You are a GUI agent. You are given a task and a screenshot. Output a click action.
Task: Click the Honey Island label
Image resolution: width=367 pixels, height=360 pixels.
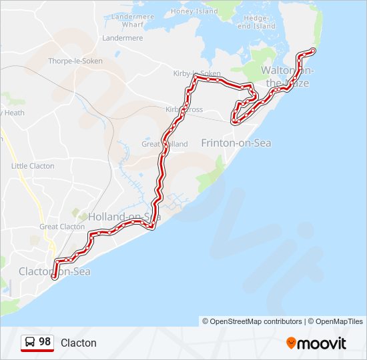click(x=194, y=11)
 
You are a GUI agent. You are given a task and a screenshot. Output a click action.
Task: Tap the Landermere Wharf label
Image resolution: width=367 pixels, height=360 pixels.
click(x=132, y=21)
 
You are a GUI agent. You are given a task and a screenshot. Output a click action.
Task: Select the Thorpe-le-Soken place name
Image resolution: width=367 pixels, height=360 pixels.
click(x=74, y=61)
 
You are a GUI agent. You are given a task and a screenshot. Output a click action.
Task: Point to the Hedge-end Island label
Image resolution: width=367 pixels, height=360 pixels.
click(x=256, y=22)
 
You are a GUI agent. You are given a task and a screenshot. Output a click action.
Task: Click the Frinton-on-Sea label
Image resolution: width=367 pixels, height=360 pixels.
click(x=236, y=143)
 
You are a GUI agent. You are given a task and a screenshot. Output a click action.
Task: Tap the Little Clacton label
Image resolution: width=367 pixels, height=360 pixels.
click(x=33, y=166)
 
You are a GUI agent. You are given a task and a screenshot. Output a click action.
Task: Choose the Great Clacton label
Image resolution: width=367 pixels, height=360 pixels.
click(x=62, y=227)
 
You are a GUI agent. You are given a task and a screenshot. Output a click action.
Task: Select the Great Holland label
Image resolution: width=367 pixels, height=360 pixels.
click(x=164, y=144)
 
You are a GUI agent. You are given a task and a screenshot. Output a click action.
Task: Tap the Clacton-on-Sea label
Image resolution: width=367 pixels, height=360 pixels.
click(x=54, y=271)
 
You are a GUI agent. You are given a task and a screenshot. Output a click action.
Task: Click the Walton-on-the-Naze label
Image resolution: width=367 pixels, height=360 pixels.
click(x=288, y=76)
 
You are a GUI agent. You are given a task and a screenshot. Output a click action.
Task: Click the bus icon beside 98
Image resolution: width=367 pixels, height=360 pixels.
click(x=30, y=342)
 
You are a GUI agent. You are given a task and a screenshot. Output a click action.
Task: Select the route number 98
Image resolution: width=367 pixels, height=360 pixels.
click(x=45, y=342)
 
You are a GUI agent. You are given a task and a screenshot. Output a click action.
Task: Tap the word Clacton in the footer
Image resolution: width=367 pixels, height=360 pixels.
click(x=79, y=343)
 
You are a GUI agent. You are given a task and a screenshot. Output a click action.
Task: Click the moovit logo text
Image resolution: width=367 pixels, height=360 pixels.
click(x=322, y=343)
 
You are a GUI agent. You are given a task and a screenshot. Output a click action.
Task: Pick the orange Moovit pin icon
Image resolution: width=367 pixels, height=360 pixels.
click(x=291, y=343)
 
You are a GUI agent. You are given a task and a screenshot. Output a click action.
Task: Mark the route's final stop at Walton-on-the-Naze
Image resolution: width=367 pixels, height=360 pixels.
click(x=313, y=51)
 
